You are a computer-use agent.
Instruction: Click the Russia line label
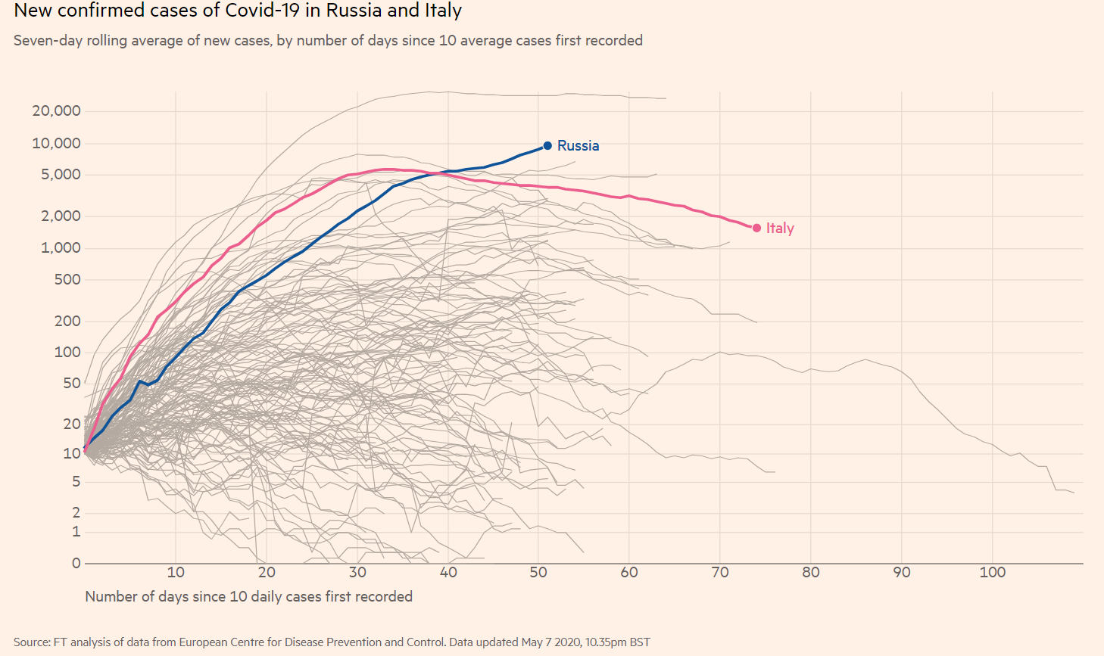(x=578, y=145)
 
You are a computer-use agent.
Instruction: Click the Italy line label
(x=780, y=228)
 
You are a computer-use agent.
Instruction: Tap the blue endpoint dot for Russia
(x=547, y=145)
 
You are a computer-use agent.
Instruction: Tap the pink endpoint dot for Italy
(x=756, y=228)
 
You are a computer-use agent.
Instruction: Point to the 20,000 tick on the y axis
(x=56, y=111)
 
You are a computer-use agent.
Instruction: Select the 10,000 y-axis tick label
(x=56, y=143)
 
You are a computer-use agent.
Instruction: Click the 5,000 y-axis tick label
(x=61, y=175)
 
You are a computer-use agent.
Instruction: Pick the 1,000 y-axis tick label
(x=61, y=248)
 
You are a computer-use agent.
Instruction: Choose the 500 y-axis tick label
(x=67, y=280)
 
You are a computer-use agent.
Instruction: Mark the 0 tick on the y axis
(x=76, y=563)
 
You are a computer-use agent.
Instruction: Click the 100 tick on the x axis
(x=992, y=573)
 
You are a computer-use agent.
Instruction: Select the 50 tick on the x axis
(x=538, y=573)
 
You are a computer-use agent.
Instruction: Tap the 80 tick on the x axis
(x=811, y=573)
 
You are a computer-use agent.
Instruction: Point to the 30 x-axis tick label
(x=357, y=573)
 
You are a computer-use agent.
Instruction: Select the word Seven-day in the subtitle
(x=48, y=40)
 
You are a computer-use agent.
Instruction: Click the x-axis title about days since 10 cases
(x=248, y=596)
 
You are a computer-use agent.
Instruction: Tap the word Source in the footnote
(x=31, y=642)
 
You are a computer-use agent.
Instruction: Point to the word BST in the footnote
(x=640, y=642)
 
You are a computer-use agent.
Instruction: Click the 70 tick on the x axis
(x=720, y=573)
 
